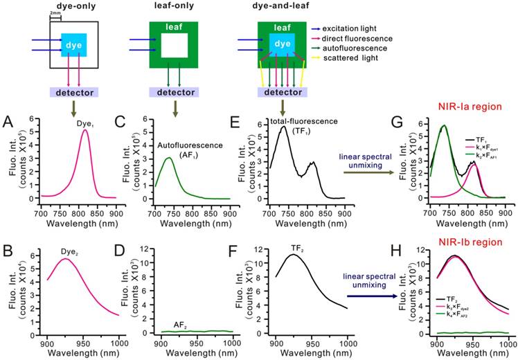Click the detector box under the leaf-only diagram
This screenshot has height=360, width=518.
coord(175,92)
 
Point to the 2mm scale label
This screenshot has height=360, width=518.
coord(56,15)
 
